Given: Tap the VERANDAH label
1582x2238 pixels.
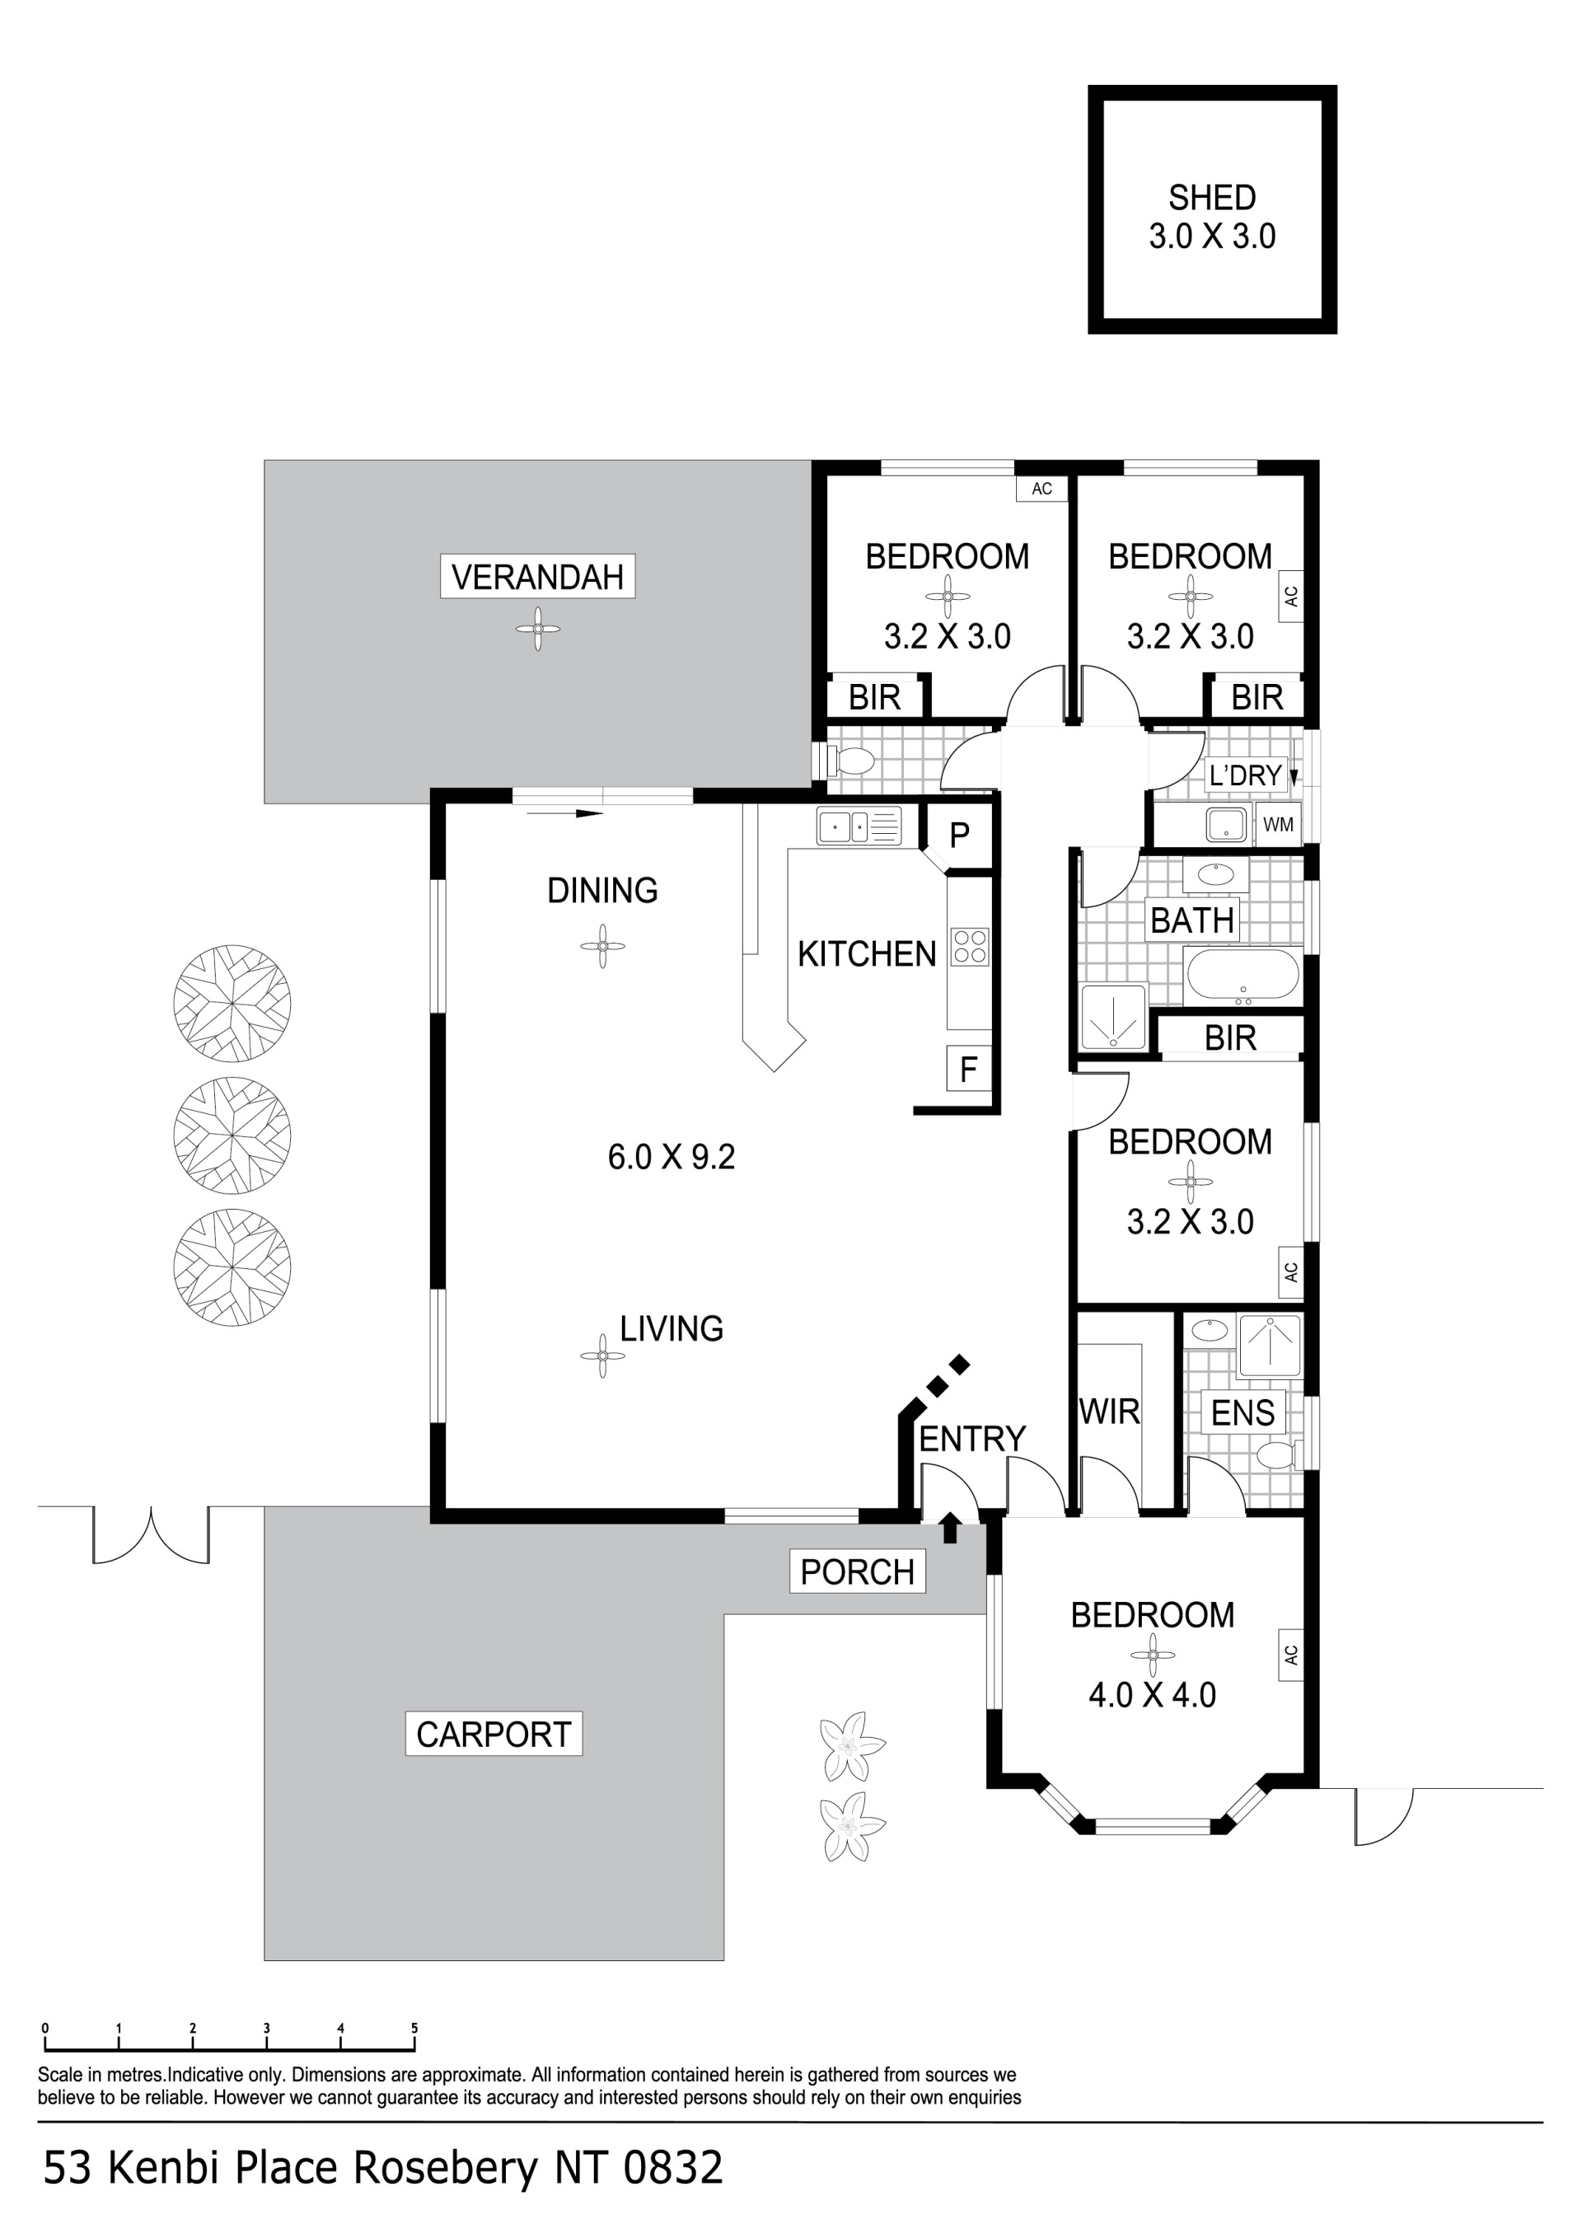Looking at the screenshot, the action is (x=537, y=577).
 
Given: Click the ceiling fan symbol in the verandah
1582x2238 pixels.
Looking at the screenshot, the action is (x=537, y=630).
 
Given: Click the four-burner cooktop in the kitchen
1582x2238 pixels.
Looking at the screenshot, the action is (x=970, y=945).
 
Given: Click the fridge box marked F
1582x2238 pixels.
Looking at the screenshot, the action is (x=968, y=1070).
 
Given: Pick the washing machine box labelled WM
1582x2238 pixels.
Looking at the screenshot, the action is (x=1278, y=825).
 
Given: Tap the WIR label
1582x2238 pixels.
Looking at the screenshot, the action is (x=1109, y=1411).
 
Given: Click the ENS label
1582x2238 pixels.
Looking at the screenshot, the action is (x=1243, y=1412).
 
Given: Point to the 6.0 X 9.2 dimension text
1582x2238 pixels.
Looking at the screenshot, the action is (x=672, y=1157).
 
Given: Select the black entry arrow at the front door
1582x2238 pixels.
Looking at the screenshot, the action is (x=950, y=1529).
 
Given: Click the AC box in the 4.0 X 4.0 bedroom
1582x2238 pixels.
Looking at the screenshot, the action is (x=1290, y=1654).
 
